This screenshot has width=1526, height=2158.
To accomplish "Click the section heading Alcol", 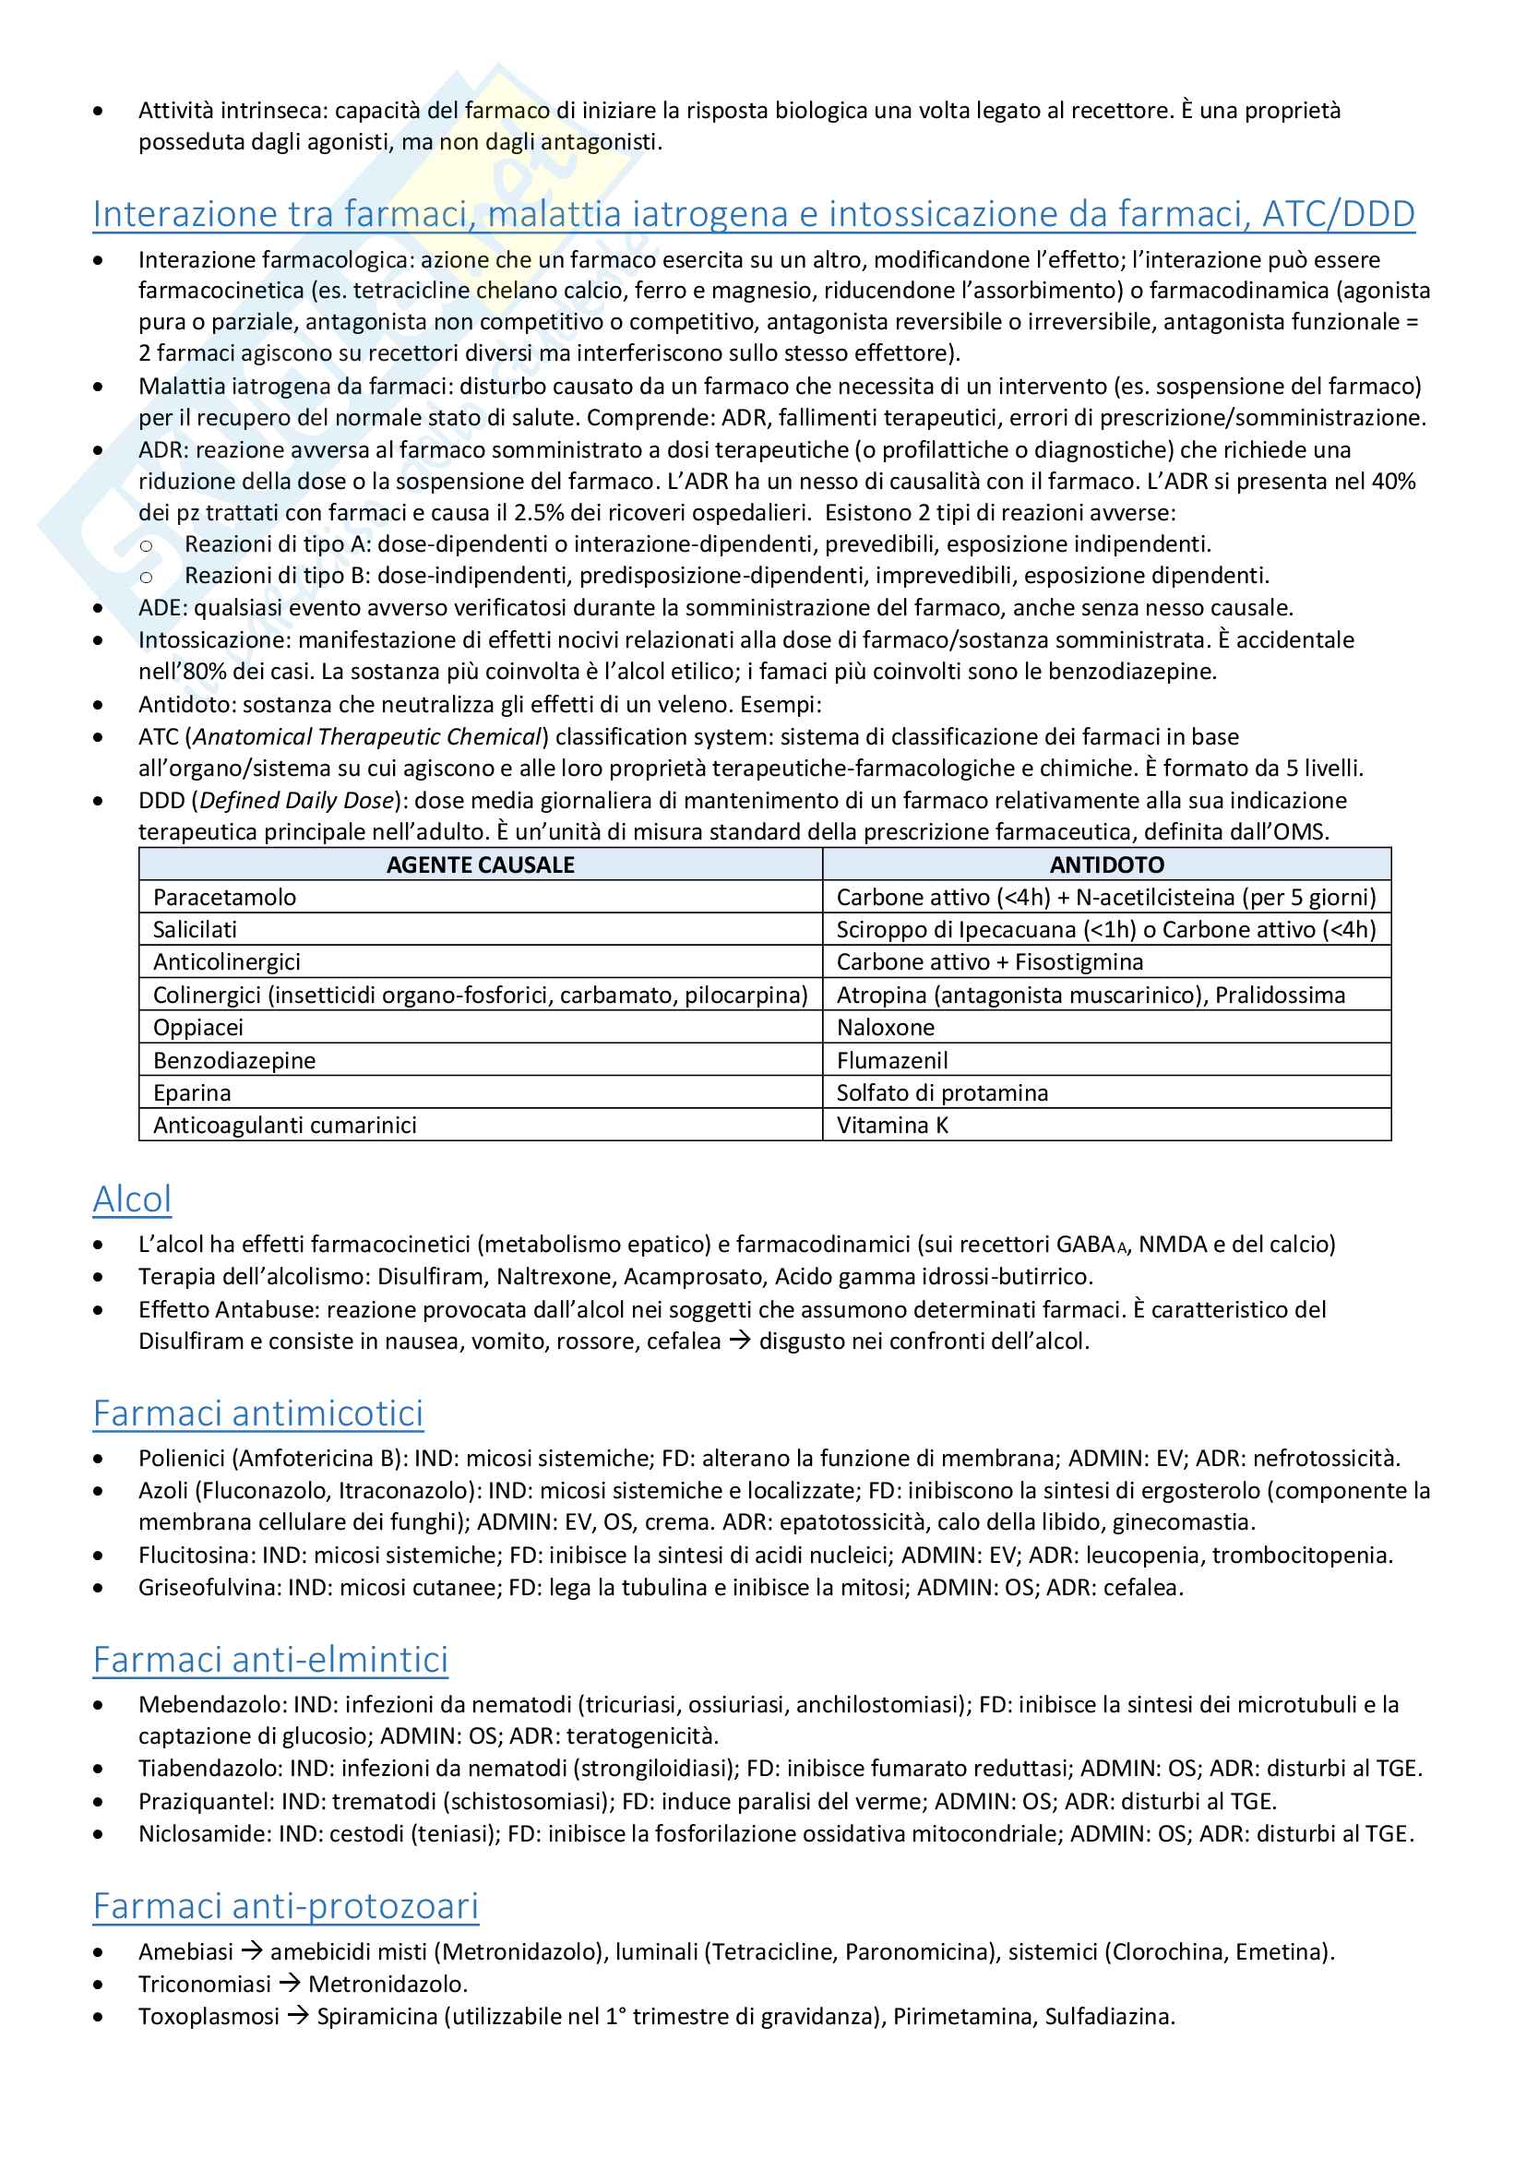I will click(x=132, y=1199).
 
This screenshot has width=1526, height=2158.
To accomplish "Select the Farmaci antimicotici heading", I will click(x=257, y=1413).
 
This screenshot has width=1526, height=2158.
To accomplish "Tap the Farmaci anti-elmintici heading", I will click(x=269, y=1660).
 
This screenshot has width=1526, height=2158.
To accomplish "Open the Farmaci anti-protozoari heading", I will click(x=285, y=1906).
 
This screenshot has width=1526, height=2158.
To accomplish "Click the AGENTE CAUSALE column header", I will click(x=480, y=864).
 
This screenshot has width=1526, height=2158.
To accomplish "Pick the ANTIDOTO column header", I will click(x=1106, y=864).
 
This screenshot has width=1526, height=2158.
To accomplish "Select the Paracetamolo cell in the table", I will click(x=224, y=898).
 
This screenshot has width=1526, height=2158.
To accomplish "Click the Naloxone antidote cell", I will click(x=885, y=1027).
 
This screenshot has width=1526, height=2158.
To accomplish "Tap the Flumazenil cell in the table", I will click(x=892, y=1060).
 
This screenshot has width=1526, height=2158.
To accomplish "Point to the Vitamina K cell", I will click(x=892, y=1125).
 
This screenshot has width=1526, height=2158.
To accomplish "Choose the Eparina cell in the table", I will click(x=192, y=1093).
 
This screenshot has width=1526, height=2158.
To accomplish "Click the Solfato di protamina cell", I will click(x=942, y=1093).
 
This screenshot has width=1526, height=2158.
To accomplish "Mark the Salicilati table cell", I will click(x=195, y=930).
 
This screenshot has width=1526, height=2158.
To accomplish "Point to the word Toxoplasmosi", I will click(x=209, y=2016).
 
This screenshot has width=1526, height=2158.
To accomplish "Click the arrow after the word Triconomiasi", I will click(x=290, y=1984).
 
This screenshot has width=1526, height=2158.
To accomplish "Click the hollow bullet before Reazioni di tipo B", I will click(x=146, y=576).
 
